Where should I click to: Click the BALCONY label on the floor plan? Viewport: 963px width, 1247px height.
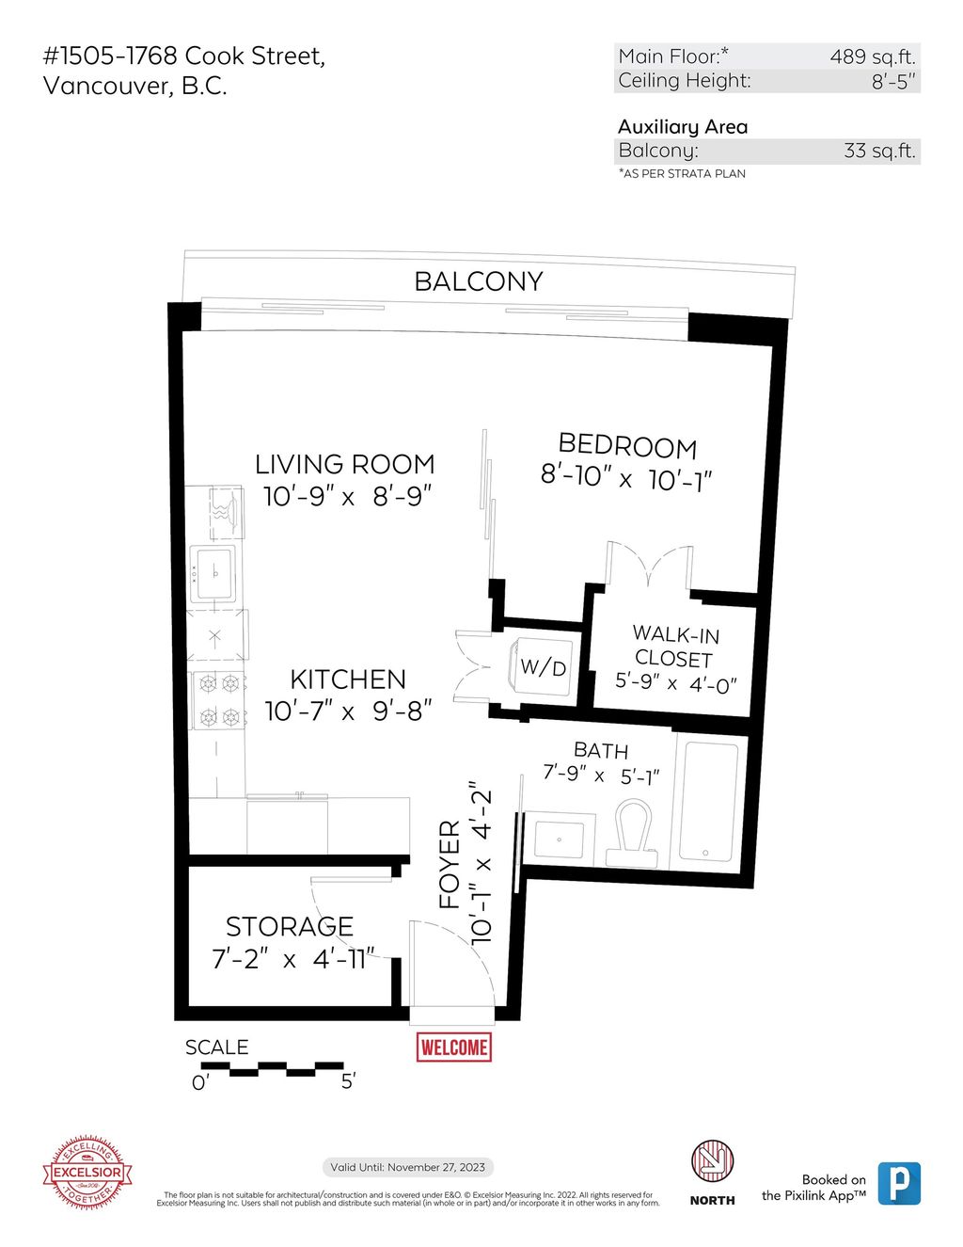coord(479,281)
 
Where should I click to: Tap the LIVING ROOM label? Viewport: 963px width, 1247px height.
coord(345,464)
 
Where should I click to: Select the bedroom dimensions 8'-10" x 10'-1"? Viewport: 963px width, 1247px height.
coord(626,477)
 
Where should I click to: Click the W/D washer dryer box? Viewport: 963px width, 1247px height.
coord(543,667)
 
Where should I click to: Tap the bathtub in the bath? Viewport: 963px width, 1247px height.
coord(707,801)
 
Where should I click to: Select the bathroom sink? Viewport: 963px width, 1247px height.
coord(559,837)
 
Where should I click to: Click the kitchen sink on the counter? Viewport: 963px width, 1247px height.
coord(215,572)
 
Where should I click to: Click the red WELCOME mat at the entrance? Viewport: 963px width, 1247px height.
coord(454,1047)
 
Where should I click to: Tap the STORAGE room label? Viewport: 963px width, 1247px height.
coord(290,927)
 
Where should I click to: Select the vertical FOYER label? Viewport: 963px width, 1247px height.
coord(450,864)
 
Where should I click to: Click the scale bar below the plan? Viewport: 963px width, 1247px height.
coord(273,1067)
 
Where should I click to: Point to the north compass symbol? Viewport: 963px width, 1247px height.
coord(712,1161)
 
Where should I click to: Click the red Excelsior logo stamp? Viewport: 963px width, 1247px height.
coord(87,1172)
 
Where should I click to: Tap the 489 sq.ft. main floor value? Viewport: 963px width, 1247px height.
coord(872,56)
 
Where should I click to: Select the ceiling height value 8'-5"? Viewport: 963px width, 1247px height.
coord(892,82)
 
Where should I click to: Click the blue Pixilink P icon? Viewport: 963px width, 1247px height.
coord(899,1183)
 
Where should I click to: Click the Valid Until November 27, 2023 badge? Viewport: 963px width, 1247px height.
coord(408,1167)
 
